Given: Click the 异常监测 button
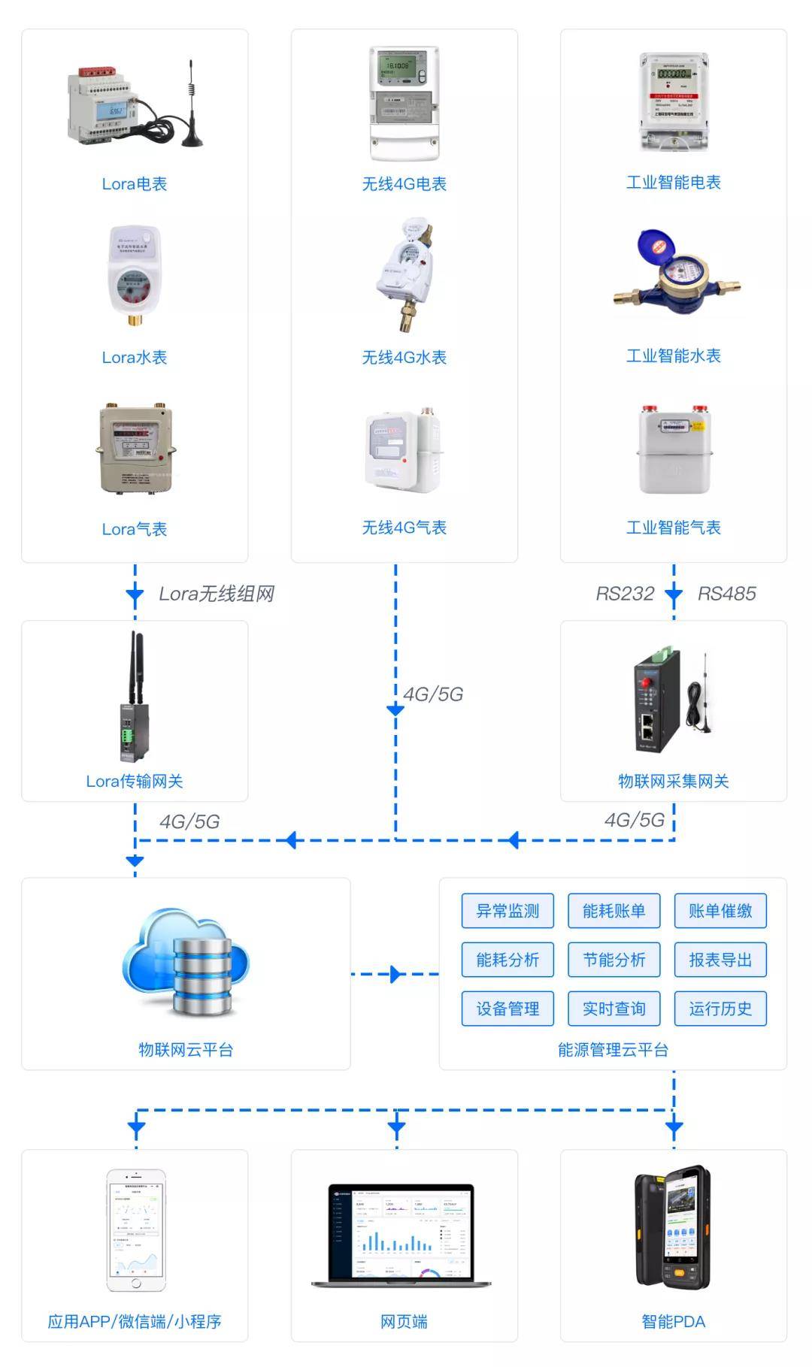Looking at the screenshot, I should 507,911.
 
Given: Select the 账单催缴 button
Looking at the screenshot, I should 720,911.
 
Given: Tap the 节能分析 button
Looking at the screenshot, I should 614,960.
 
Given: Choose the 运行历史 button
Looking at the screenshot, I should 720,1009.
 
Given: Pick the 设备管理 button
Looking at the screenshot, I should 507,1009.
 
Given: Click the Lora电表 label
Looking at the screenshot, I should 135,184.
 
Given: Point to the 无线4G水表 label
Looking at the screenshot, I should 404,358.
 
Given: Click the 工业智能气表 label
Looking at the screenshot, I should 674,528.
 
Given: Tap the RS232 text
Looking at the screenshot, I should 625,594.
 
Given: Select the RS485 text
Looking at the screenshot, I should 726,594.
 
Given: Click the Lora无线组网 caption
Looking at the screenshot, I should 217,594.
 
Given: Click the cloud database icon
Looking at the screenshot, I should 186,963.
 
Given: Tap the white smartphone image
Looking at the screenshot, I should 135,1229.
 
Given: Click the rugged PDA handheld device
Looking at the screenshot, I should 673,1226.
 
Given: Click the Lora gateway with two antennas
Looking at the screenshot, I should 132,698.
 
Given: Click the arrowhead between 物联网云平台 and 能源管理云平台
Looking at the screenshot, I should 395,975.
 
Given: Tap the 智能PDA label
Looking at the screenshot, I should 674,1322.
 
